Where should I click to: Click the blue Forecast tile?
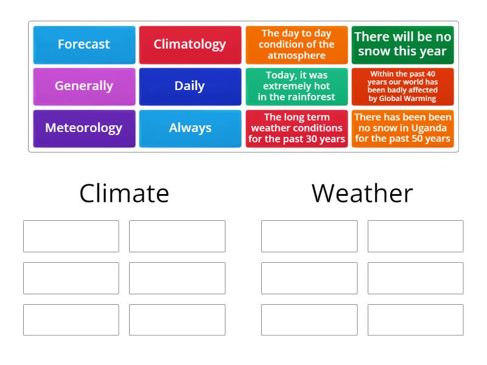84,44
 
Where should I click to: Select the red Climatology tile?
190,44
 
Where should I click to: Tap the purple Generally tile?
84,86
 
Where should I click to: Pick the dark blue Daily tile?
190,86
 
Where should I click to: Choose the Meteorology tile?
84,128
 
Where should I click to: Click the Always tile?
190,128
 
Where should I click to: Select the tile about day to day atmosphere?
296,44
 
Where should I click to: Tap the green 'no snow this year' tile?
402,44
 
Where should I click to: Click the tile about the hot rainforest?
296,86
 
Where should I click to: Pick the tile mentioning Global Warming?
402,86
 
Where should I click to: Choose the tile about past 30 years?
296,128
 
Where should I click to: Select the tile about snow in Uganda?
402,128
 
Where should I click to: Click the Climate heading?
124,193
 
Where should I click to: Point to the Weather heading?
362,193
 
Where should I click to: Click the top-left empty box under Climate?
71,236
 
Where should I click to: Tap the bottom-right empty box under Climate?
177,320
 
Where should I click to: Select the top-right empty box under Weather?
415,236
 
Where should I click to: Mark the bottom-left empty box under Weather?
309,320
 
